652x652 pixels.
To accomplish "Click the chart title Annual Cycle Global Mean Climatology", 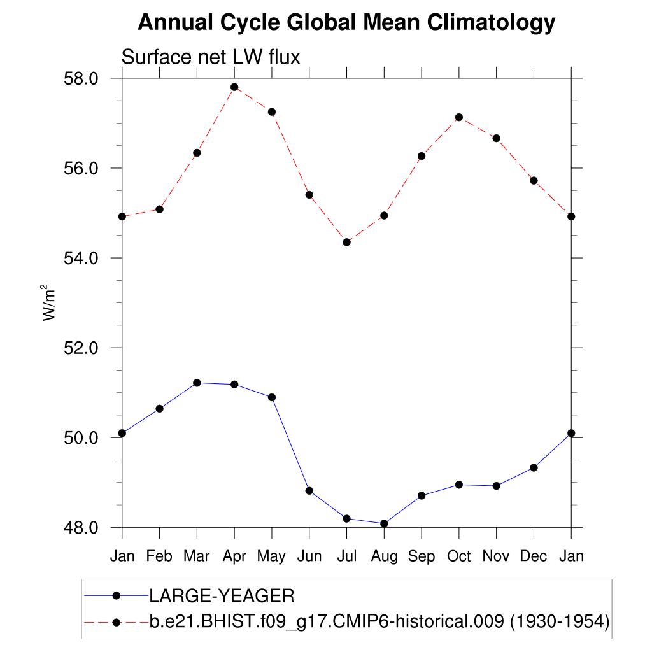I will pyautogui.click(x=346, y=23).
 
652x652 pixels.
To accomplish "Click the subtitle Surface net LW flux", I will pyautogui.click(x=210, y=57).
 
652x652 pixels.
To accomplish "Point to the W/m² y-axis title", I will pyautogui.click(x=50, y=302).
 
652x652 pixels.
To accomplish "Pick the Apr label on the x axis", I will pyautogui.click(x=234, y=556).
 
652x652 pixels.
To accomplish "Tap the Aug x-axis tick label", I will pyautogui.click(x=384, y=556).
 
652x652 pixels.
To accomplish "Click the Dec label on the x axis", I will pyautogui.click(x=534, y=556).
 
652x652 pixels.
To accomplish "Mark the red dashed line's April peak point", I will pyautogui.click(x=234, y=87).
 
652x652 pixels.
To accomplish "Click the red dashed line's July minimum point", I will pyautogui.click(x=346, y=242).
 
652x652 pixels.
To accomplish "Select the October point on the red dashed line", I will pyautogui.click(x=459, y=117).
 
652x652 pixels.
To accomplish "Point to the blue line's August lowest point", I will pyautogui.click(x=384, y=523).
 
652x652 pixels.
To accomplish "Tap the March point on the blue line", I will pyautogui.click(x=197, y=383).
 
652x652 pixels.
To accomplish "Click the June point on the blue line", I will pyautogui.click(x=309, y=491).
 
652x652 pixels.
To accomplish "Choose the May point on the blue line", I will pyautogui.click(x=272, y=397).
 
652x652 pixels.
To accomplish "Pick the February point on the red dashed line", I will pyautogui.click(x=159, y=209).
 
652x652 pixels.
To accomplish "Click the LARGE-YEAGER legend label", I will pyautogui.click(x=222, y=597).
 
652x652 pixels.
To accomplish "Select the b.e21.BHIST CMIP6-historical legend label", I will pyautogui.click(x=379, y=621).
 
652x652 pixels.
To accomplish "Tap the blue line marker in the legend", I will pyautogui.click(x=116, y=596).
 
